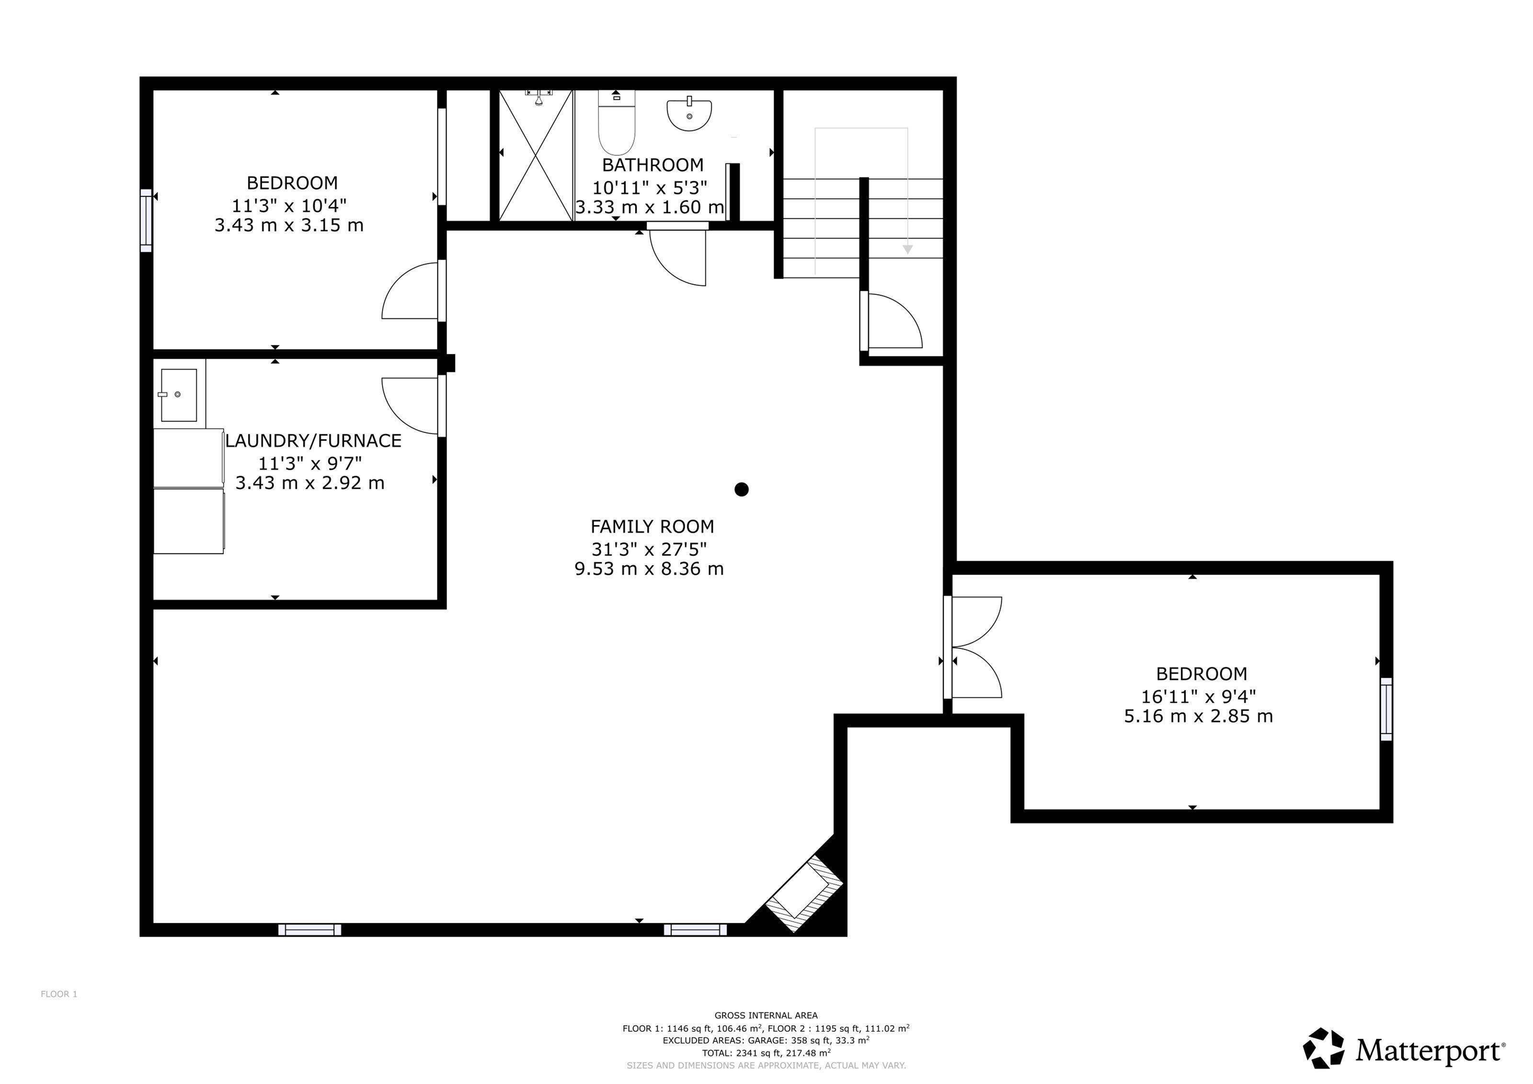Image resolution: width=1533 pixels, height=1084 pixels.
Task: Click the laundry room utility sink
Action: [179, 395]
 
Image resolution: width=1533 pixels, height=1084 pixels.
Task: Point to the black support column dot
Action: [741, 489]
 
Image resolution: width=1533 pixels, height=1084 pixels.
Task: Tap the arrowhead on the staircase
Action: [907, 250]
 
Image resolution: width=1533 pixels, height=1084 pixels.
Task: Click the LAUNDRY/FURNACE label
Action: [313, 441]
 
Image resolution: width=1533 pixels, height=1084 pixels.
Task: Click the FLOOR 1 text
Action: [59, 994]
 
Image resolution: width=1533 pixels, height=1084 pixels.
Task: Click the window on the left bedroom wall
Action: [146, 220]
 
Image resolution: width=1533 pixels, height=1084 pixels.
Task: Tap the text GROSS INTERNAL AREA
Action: [766, 1015]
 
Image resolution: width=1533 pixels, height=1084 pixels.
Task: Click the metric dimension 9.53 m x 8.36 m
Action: [649, 569]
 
